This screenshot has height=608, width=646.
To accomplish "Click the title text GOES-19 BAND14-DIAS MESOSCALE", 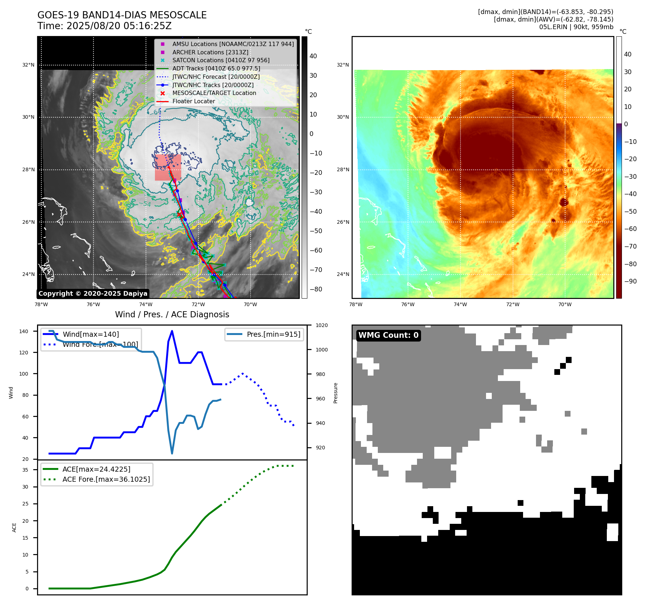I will [122, 15].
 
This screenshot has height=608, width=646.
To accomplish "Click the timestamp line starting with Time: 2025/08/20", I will [104, 26].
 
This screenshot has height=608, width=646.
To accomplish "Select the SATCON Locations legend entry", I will [221, 60].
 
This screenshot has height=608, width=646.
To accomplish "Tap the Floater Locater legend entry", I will [193, 101].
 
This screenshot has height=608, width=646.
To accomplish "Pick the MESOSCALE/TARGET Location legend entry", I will [214, 93].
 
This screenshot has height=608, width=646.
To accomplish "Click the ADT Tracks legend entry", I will [216, 68].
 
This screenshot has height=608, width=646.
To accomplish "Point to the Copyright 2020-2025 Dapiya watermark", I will [93, 294].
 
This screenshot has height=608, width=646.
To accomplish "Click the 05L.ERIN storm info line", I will [576, 27].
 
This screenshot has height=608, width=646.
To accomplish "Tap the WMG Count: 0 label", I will [388, 335].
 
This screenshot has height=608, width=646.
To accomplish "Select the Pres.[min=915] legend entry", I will [273, 334].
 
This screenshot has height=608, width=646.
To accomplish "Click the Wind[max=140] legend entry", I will [91, 334].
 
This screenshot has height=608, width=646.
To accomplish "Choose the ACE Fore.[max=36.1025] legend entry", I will [106, 479].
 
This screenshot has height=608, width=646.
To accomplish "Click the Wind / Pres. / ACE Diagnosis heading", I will [172, 314].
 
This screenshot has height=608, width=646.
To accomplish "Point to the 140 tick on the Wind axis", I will [24, 331].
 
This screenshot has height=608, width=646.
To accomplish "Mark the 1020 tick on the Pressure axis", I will [321, 325].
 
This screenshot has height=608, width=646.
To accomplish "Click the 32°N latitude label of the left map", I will [28, 65].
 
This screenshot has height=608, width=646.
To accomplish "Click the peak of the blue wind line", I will [172, 331].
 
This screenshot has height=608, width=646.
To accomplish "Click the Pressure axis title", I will [335, 393].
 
